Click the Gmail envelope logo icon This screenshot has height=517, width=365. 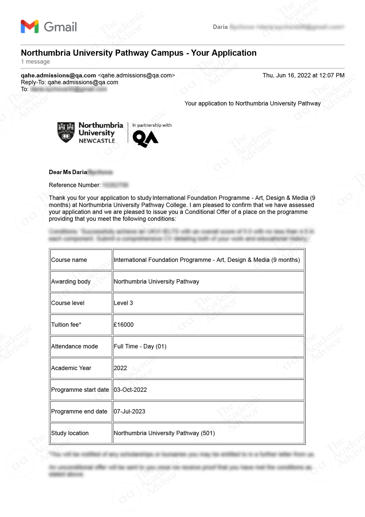tap(30, 27)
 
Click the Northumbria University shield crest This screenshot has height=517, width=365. tap(66, 132)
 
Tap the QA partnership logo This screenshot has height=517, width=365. tap(145, 139)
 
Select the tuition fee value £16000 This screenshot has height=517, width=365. tap(124, 325)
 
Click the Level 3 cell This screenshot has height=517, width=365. tap(123, 303)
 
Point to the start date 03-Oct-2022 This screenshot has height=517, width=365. tap(130, 390)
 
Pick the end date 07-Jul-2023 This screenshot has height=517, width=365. tap(129, 411)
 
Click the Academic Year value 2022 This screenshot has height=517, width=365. tap(120, 368)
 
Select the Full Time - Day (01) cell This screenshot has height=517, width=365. tap(140, 346)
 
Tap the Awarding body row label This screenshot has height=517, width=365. tap(71, 281)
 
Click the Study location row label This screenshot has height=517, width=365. tap(70, 433)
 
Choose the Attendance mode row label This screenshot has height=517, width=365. tap(74, 346)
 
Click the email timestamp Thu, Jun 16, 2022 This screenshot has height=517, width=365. tap(303, 75)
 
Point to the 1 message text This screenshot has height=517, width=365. tap(35, 61)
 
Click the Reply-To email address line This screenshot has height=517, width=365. tap(69, 82)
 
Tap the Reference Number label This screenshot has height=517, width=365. tap(75, 185)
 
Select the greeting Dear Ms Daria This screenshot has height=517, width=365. tap(68, 172)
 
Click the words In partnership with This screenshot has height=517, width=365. tap(152, 125)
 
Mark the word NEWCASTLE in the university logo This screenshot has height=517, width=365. tap(97, 141)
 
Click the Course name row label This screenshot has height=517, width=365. tap(69, 260)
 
